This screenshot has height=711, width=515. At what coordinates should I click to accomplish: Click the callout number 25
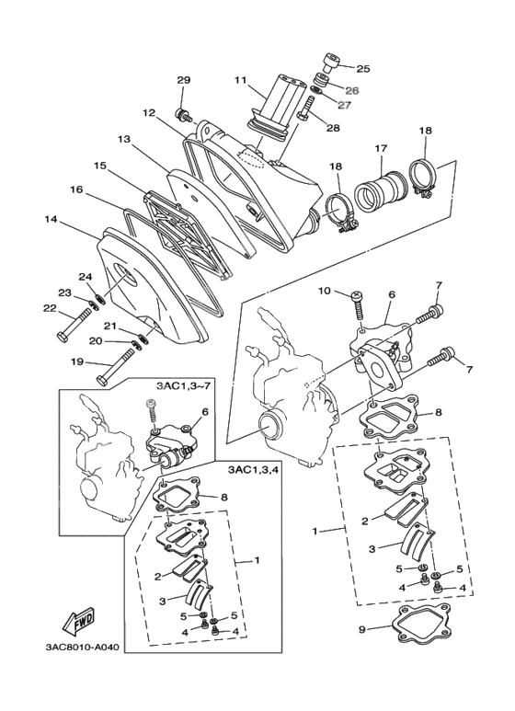pos(362,68)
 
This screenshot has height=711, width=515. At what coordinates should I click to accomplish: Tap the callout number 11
pos(240,81)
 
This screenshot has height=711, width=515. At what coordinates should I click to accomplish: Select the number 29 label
pos(183,81)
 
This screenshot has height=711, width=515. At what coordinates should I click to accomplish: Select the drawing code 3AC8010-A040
pos(81,646)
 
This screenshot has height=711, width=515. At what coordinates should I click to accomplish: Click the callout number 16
pos(76,189)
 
